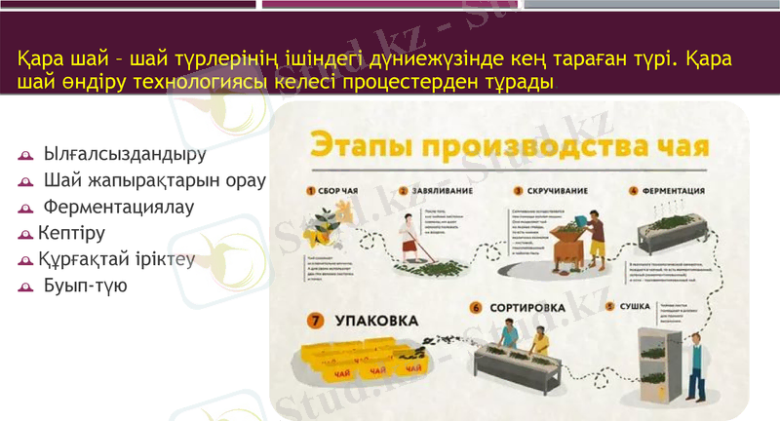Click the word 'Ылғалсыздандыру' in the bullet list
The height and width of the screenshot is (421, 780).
pos(126,154)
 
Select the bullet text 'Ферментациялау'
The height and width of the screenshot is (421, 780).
pos(119,207)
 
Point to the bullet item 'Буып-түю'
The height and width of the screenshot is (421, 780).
pos(85,287)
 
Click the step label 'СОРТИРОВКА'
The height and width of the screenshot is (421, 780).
pos(526,308)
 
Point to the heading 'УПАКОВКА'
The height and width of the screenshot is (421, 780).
pos(376,320)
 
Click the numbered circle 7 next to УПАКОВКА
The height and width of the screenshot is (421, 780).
pos(315,320)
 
